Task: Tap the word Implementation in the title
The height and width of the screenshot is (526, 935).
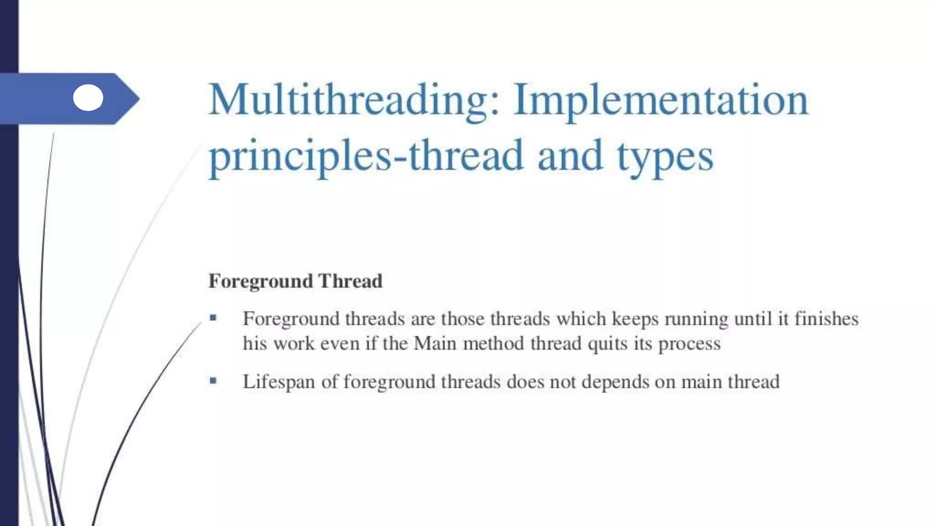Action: [660, 100]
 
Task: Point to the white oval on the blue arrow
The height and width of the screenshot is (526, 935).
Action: [88, 98]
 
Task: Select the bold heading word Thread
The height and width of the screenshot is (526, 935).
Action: [350, 281]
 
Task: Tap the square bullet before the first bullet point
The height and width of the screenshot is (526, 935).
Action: [213, 317]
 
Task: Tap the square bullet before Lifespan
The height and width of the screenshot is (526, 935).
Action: [213, 380]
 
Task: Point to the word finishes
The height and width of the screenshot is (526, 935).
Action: [826, 319]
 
